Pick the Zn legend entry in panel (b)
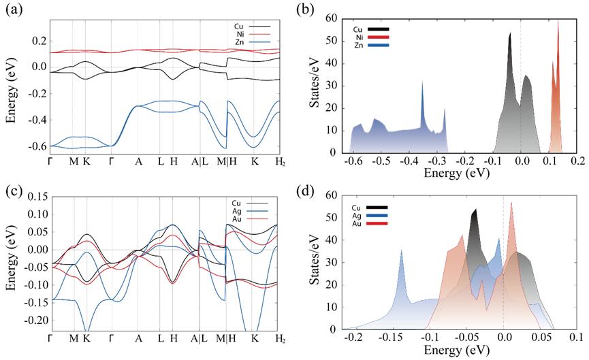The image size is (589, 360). pos(358,45)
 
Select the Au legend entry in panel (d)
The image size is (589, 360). pos(358,224)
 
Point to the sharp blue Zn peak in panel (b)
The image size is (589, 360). pos(422,82)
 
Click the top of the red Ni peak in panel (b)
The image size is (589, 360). pos(558,20)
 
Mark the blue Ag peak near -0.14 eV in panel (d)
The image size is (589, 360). pos(402,250)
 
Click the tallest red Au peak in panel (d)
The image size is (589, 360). pos(511,203)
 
